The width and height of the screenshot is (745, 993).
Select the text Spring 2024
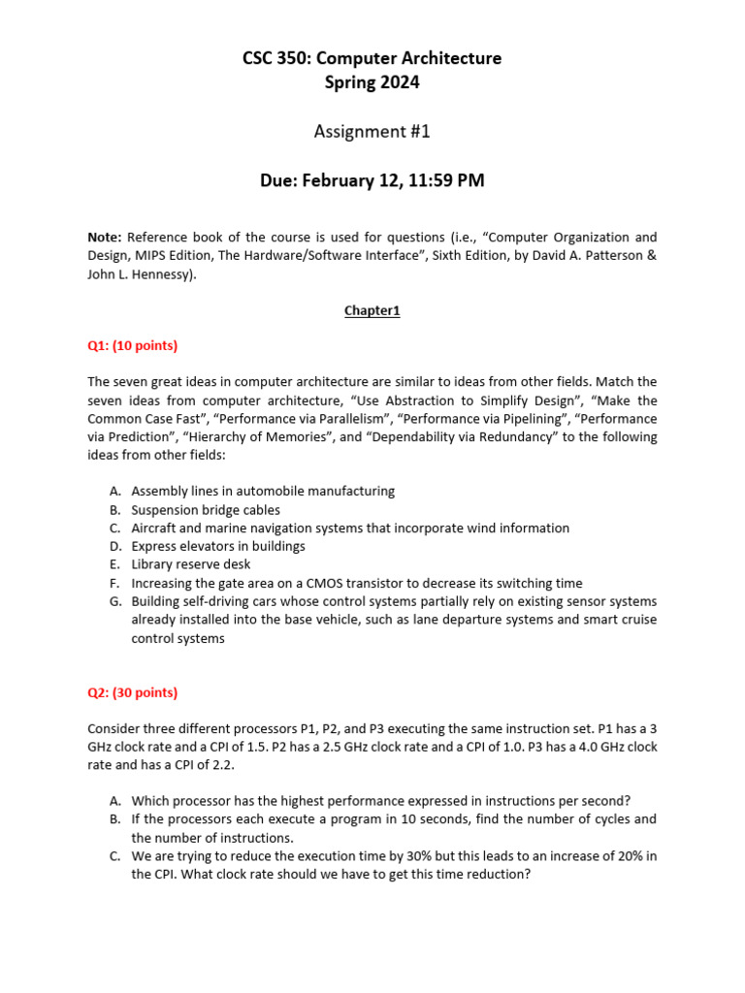tap(372, 82)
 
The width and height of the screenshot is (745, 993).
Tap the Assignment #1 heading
tap(372, 132)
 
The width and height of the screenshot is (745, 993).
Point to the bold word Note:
tap(105, 238)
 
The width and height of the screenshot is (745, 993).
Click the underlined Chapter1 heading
tap(372, 311)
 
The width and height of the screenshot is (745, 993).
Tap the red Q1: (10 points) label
tap(133, 346)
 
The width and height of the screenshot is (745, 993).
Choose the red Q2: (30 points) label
tap(133, 692)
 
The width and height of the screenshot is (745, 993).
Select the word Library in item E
tap(151, 564)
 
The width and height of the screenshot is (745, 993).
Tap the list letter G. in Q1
tap(114, 601)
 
